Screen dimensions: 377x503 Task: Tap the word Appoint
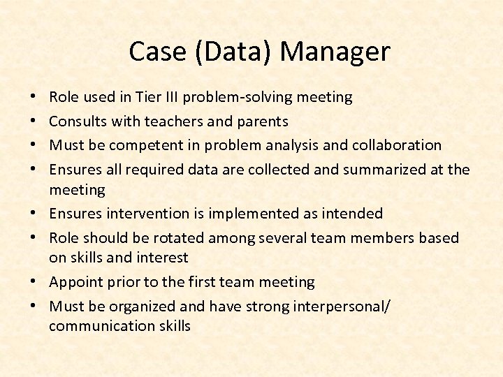click(x=75, y=282)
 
